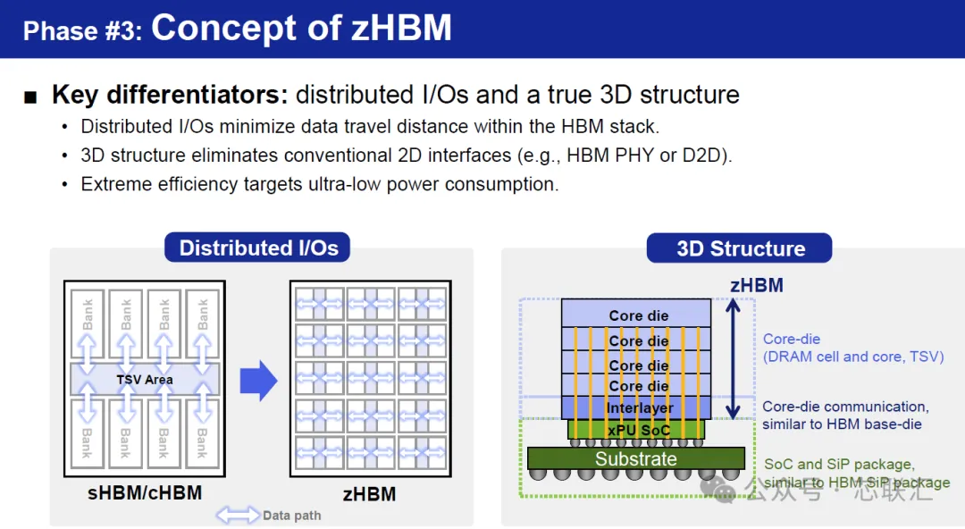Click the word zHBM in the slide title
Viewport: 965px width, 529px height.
[x=401, y=29]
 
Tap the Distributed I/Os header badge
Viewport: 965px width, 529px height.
[x=257, y=248]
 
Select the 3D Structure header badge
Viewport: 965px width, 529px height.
[x=739, y=248]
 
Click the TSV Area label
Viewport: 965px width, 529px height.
[x=145, y=380]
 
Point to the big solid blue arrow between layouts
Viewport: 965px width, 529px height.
[x=258, y=380]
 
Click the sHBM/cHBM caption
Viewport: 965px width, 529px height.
[x=145, y=492]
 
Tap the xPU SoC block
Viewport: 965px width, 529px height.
[x=636, y=429]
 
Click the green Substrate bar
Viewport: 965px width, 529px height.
[x=636, y=458]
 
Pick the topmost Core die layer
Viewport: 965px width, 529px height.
[x=636, y=314]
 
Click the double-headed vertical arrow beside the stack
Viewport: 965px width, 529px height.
[x=733, y=359]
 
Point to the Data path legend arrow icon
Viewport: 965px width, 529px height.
[x=238, y=515]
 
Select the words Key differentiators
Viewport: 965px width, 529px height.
[x=170, y=95]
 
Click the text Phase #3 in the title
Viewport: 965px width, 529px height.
[x=82, y=30]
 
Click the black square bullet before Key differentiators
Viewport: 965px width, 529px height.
[x=30, y=97]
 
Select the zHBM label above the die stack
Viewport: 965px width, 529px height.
[x=757, y=285]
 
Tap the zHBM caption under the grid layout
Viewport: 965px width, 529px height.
[x=369, y=494]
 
